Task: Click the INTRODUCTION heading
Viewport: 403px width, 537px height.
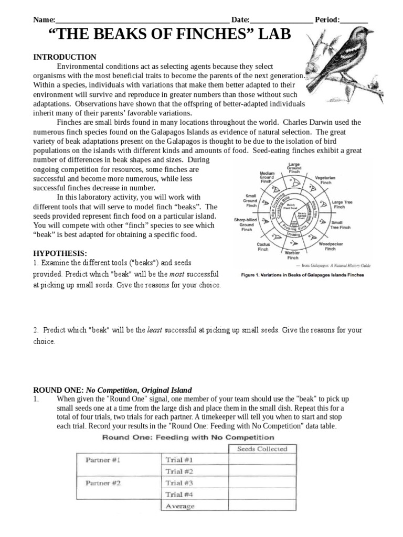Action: coord(65,57)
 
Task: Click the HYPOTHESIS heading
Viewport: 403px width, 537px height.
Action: coord(60,253)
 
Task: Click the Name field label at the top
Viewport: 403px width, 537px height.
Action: coord(44,20)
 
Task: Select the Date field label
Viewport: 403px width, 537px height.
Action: coord(240,20)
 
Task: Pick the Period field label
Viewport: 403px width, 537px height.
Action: coord(327,20)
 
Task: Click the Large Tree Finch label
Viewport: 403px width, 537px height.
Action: coord(345,205)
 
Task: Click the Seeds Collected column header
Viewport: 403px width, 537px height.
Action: coord(262,448)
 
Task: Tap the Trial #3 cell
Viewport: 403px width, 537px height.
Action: coord(179,483)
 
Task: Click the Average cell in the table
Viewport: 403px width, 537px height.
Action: coord(180,506)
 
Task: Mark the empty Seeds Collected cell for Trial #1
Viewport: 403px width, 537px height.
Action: coord(262,460)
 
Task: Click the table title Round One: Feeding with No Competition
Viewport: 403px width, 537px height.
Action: coord(188,437)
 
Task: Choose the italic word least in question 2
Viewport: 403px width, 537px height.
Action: coord(155,330)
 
